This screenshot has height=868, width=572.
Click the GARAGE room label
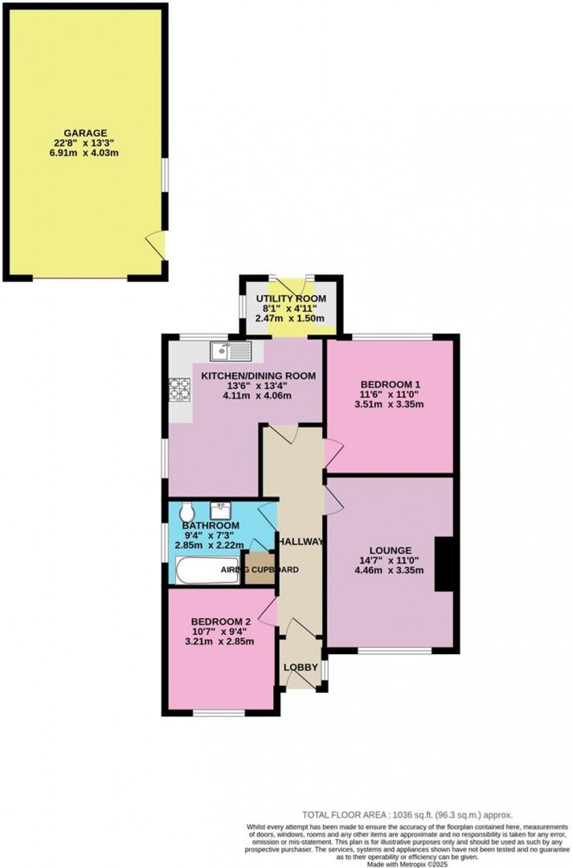(x=86, y=133)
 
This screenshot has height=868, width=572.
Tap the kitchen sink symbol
(x=231, y=350)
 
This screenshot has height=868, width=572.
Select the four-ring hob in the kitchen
(x=180, y=390)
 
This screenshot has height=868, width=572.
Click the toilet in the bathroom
(x=187, y=512)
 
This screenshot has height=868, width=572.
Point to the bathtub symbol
(x=207, y=570)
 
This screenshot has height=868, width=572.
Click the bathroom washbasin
(x=221, y=510)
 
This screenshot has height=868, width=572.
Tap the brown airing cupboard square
(x=260, y=568)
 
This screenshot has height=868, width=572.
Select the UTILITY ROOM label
(x=291, y=298)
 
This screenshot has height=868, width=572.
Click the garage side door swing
(x=156, y=244)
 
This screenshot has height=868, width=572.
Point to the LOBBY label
(x=301, y=667)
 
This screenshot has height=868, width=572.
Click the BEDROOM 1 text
(x=390, y=384)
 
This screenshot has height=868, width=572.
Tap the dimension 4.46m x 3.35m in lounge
(x=389, y=570)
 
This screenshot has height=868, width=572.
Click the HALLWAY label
(x=301, y=541)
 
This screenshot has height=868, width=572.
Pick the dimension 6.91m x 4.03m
(x=85, y=153)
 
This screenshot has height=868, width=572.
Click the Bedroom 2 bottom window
(x=219, y=713)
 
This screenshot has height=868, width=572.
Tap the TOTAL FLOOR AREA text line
(x=407, y=815)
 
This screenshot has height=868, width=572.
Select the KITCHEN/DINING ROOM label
(x=259, y=376)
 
